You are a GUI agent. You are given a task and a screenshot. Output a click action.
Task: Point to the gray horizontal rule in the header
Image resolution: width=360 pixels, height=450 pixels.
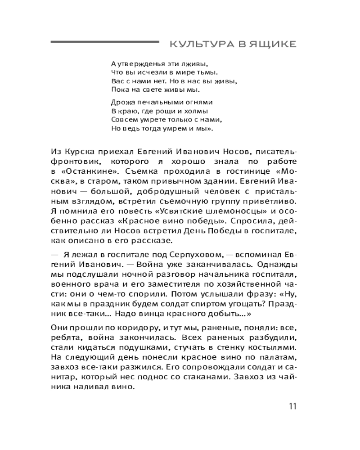tap(104, 42)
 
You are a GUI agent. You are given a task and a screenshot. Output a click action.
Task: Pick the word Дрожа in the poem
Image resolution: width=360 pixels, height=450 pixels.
tap(120, 102)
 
